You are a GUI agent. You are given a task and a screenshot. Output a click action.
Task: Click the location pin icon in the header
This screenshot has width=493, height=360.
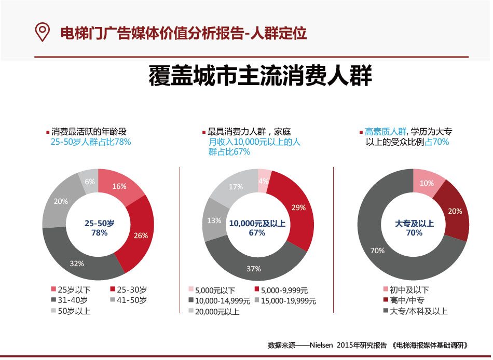pos(42,32)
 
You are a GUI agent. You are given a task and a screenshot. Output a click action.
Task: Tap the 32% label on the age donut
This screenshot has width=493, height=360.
pos(77,264)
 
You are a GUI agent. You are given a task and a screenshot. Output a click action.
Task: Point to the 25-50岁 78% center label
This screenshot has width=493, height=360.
pos(99,228)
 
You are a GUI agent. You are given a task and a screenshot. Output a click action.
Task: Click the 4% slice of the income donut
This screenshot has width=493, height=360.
pos(264,180)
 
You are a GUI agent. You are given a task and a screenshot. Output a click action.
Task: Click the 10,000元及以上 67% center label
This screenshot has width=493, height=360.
pos(257,228)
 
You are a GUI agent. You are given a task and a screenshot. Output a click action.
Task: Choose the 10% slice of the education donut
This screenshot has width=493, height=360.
pos(427,183)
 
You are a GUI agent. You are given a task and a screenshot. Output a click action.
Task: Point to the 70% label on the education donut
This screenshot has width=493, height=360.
pos(377,251)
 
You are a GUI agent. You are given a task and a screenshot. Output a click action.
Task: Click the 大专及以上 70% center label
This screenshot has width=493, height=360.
pos(414,228)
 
